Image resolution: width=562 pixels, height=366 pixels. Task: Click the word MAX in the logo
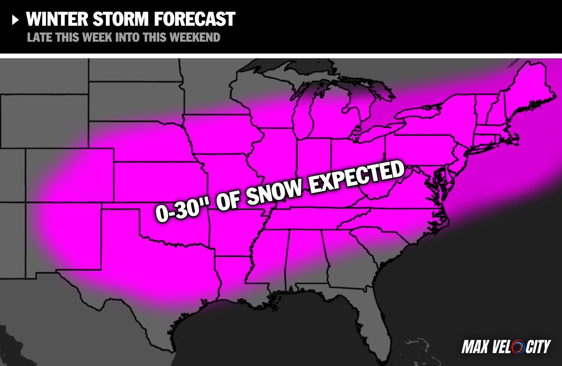tap(476, 347)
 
